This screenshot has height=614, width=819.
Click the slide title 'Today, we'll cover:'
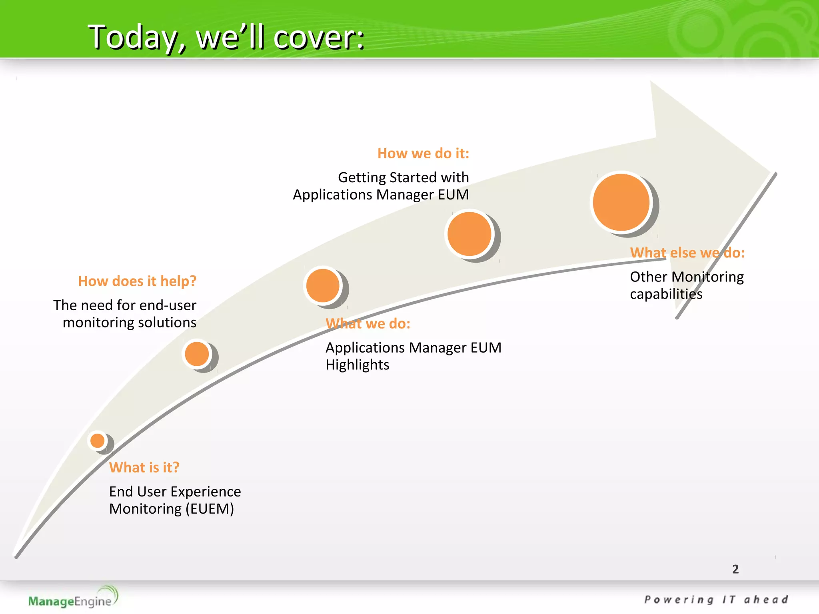click(226, 37)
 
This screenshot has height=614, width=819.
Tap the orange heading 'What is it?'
click(144, 467)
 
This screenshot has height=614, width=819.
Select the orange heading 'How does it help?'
click(137, 281)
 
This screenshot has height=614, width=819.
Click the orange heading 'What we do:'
click(368, 323)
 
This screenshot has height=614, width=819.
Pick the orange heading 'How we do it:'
click(423, 153)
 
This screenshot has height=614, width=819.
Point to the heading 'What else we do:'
click(687, 253)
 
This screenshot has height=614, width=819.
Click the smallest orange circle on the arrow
click(98, 441)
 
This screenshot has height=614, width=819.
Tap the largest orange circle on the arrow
click(621, 202)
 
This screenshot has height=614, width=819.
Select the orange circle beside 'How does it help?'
click(197, 354)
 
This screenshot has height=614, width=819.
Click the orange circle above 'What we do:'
click(323, 285)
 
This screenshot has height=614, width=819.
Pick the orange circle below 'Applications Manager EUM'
click(469, 234)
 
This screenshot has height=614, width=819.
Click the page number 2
click(735, 569)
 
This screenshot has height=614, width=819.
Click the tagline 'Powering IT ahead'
click(716, 600)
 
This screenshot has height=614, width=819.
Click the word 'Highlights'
click(357, 365)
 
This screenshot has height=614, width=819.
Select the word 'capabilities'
click(666, 294)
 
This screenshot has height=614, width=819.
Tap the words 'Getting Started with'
click(403, 177)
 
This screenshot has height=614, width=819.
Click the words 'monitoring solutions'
click(130, 323)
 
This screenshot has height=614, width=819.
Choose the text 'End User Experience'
click(175, 492)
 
